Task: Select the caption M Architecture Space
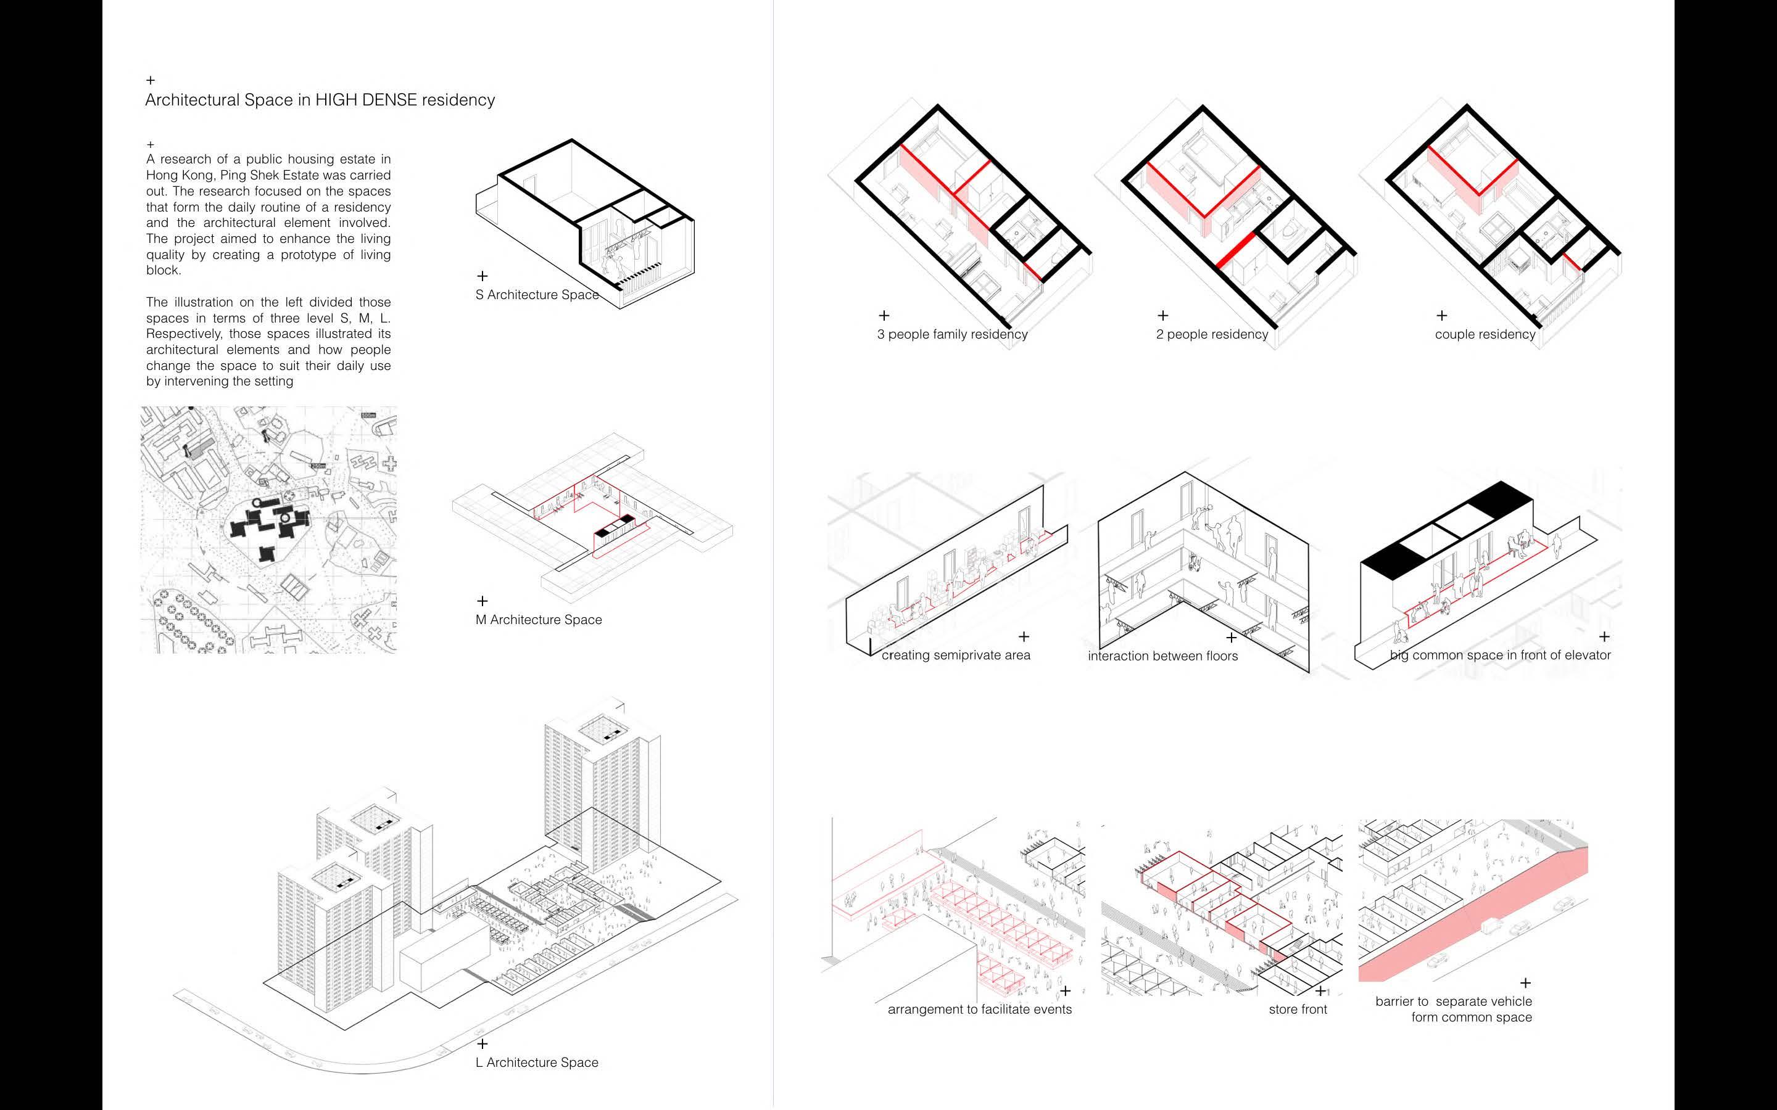[538, 620]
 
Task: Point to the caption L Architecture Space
[537, 1063]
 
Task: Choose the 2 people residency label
[1212, 335]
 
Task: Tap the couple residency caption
[1485, 335]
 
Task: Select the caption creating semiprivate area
[955, 656]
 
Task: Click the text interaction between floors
[1162, 656]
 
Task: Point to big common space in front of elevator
[1500, 656]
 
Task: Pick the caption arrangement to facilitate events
[980, 1009]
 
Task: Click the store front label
[1298, 1009]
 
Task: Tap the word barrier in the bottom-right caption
[1401, 1001]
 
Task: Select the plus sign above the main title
[151, 80]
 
